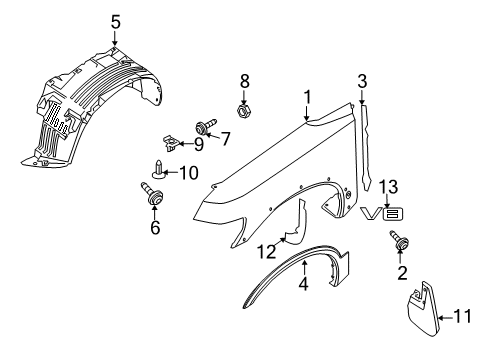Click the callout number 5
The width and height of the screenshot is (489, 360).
pos(115,20)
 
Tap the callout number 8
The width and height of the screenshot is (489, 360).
pos(243,79)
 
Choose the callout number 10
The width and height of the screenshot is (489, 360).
pos(186,173)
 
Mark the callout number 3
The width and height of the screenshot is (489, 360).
pos(363,81)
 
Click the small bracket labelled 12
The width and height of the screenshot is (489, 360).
pos(291,251)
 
